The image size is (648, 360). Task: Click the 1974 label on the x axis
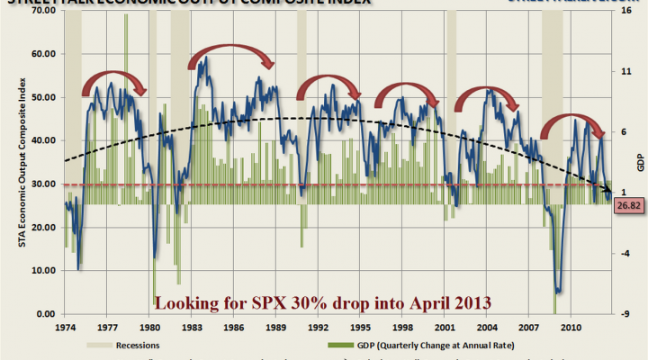[66, 329]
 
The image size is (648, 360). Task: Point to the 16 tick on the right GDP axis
[621, 11]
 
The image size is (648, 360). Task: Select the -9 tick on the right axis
[621, 314]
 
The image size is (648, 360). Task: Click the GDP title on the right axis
[640, 163]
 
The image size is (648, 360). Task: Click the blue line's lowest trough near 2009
[559, 291]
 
